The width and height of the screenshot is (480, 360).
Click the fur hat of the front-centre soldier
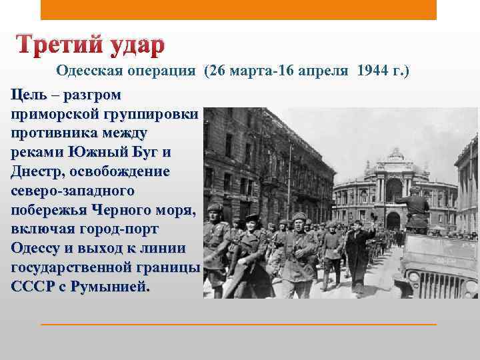pos(299,216)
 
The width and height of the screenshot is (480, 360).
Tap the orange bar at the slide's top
pos(239,10)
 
